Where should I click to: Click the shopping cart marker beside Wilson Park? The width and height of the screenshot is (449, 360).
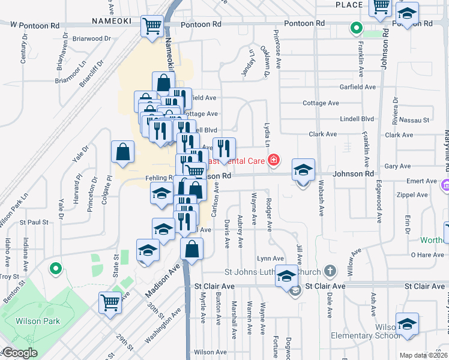click(x=110, y=302)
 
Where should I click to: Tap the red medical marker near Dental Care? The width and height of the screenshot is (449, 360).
click(x=274, y=160)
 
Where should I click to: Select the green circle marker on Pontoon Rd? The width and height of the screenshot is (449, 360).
click(x=356, y=27)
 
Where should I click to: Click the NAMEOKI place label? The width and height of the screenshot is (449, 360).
click(x=112, y=21)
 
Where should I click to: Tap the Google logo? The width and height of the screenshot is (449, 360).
click(x=20, y=353)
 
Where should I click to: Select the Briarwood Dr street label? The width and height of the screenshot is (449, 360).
click(x=92, y=38)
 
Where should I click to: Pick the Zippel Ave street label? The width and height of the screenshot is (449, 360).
click(x=413, y=195)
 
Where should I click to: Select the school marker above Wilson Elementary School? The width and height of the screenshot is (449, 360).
click(x=407, y=325)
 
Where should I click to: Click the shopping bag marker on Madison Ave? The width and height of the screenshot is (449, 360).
click(x=191, y=248)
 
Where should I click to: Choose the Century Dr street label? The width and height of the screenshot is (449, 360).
click(x=24, y=53)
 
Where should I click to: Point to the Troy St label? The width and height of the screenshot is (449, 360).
click(x=8, y=276)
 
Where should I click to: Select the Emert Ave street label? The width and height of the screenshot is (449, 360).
click(x=421, y=181)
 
